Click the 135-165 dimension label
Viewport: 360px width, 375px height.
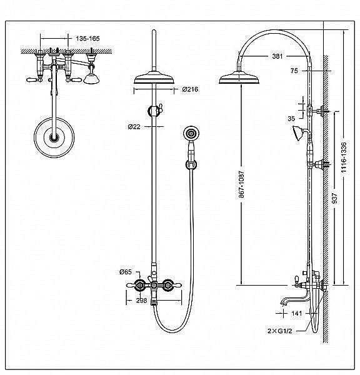[x=87, y=39]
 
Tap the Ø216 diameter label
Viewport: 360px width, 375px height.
[x=190, y=89]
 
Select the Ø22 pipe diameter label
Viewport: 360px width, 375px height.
[x=134, y=126]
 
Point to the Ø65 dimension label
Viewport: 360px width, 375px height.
[x=126, y=272]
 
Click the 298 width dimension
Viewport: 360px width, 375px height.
[x=141, y=301]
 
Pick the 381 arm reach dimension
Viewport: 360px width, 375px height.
[x=277, y=56]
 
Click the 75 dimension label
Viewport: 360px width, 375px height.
[x=294, y=71]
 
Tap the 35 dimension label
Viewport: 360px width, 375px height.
[x=291, y=119]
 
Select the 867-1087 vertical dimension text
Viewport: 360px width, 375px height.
[x=241, y=184]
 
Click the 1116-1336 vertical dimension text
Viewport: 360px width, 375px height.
[x=344, y=157]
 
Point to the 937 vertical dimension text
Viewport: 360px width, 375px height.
[x=335, y=198]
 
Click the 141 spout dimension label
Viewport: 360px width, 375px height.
[x=297, y=313]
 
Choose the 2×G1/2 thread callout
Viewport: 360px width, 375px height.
[x=280, y=331]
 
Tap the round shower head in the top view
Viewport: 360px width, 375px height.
[x=54, y=137]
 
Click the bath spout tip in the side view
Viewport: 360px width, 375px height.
[x=283, y=304]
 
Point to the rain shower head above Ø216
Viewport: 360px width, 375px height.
[x=154, y=77]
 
